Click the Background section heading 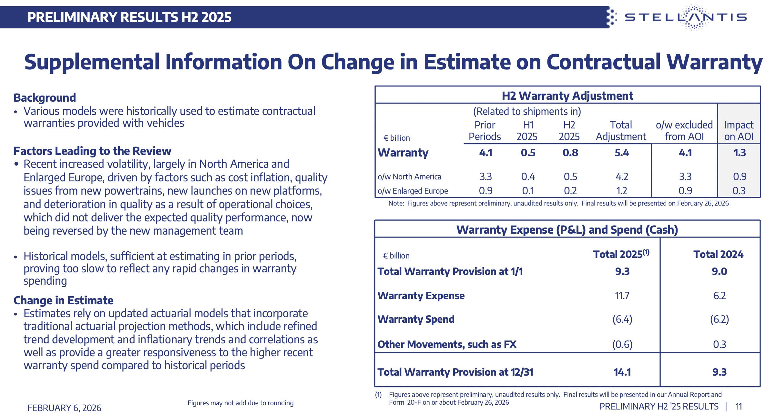(x=45, y=97)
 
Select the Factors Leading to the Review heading (x=92, y=151)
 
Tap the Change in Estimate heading (x=64, y=300)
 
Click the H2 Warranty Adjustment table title (x=567, y=96)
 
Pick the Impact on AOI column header (x=739, y=130)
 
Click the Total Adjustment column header (x=621, y=130)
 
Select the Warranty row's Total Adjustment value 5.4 (x=622, y=153)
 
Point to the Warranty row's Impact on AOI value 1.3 (x=740, y=153)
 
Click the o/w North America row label (x=409, y=177)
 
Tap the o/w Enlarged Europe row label (x=413, y=191)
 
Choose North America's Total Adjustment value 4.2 (x=622, y=177)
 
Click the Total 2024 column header (x=718, y=254)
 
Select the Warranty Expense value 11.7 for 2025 (x=622, y=296)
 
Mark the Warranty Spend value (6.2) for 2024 (x=720, y=319)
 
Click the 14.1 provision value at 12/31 (x=622, y=372)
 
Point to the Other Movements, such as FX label (x=447, y=344)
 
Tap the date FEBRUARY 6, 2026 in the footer (x=64, y=408)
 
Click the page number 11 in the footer (x=739, y=406)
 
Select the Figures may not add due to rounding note (x=240, y=403)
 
